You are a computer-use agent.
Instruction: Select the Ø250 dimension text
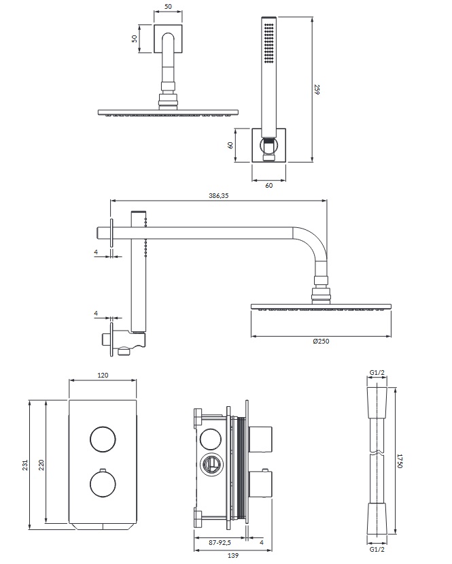pyautogui.click(x=321, y=342)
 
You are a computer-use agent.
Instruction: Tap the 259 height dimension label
pyautogui.click(x=317, y=89)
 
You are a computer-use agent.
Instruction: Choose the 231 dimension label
pyautogui.click(x=25, y=465)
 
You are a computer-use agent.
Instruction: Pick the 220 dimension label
pyautogui.click(x=42, y=465)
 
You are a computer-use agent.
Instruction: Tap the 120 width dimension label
pyautogui.click(x=103, y=376)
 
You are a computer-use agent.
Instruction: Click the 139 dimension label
pyautogui.click(x=224, y=557)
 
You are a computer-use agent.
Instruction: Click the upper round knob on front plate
pyautogui.click(x=103, y=439)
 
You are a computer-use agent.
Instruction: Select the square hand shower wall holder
pyautogui.click(x=269, y=146)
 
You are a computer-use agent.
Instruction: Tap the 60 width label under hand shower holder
pyautogui.click(x=269, y=185)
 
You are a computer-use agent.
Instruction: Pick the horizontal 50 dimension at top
pyautogui.click(x=169, y=7)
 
